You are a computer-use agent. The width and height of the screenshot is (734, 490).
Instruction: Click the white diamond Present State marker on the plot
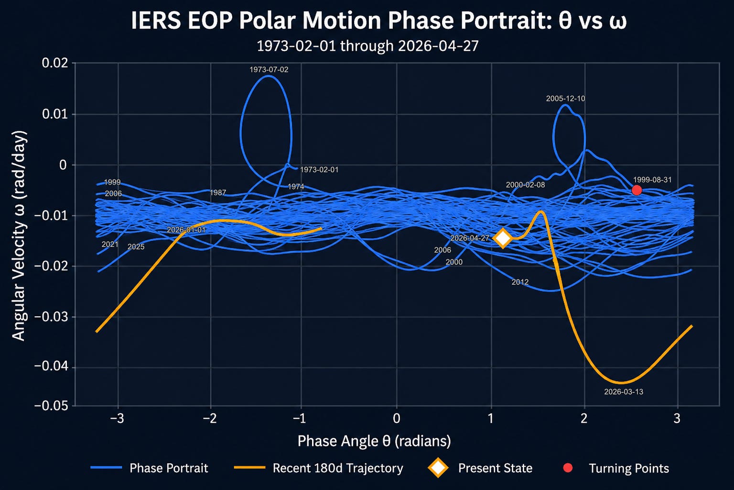(503, 238)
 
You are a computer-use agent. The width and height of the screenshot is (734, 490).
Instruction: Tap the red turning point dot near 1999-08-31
(637, 190)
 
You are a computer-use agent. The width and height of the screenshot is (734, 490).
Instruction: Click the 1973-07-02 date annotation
(269, 69)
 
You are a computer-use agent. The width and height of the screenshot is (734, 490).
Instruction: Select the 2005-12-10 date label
(565, 99)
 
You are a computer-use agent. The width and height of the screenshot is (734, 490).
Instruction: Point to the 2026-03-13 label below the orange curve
(624, 391)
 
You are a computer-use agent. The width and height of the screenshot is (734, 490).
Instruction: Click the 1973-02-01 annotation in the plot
(319, 170)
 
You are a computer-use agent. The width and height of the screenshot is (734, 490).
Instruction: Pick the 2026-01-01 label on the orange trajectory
(186, 230)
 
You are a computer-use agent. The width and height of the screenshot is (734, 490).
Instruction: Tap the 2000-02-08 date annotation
(525, 185)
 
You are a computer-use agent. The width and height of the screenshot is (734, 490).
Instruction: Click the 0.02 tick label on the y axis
(55, 63)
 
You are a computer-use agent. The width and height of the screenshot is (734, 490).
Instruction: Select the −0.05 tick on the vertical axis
(52, 406)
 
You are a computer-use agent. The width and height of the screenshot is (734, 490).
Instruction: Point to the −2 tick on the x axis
(210, 419)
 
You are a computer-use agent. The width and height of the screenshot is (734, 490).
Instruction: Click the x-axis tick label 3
(677, 419)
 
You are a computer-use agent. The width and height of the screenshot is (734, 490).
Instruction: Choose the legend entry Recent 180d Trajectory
(338, 468)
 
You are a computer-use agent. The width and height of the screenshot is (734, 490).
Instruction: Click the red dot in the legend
(568, 468)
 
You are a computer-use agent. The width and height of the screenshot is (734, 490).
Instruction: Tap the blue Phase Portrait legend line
(106, 468)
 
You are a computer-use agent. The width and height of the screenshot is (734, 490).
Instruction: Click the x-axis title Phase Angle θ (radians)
(374, 441)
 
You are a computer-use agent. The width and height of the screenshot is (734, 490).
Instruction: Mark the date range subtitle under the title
(367, 45)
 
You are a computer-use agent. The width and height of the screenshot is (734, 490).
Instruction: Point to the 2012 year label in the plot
(520, 282)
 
